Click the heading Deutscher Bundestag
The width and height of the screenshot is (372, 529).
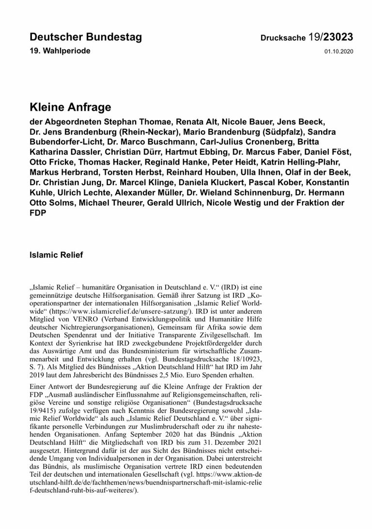point(86,38)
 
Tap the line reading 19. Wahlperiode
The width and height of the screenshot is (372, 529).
point(60,51)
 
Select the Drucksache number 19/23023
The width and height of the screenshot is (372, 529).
point(330,38)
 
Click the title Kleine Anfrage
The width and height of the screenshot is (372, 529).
point(70,107)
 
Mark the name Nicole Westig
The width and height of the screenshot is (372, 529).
point(232,203)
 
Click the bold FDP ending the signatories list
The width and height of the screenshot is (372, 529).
point(38,213)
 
